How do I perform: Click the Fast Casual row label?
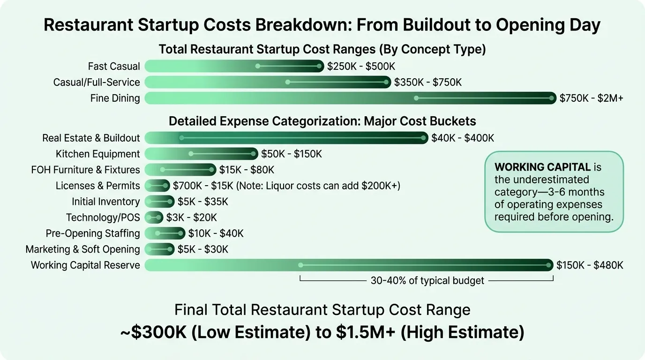tap(114, 67)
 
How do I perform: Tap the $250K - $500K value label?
tap(361, 67)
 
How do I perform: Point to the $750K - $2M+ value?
tap(591, 98)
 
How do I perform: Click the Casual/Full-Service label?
tap(97, 82)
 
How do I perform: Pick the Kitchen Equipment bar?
tap(201, 154)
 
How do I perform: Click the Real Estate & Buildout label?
tap(91, 138)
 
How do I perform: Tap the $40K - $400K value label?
tap(463, 138)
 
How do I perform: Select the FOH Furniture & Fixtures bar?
tap(180, 170)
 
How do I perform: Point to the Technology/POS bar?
tap(154, 217)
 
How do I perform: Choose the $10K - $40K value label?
tap(216, 233)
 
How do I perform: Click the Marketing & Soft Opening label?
tap(82, 249)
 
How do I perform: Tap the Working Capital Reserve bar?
tap(349, 265)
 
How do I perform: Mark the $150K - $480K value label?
tap(590, 265)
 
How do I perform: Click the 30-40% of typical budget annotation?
tap(427, 281)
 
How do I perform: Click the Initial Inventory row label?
tap(105, 202)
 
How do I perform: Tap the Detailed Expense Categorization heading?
tap(322, 121)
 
